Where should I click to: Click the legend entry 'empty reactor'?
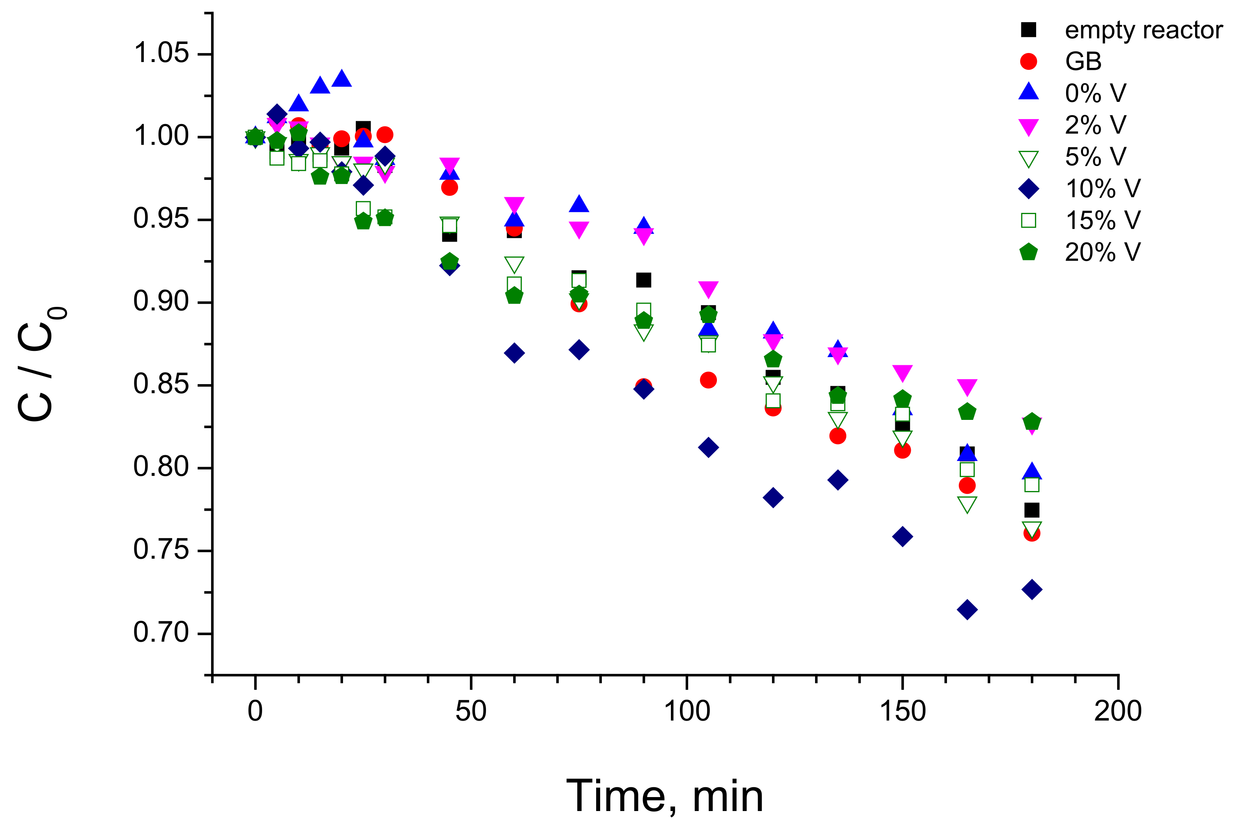(x=1143, y=30)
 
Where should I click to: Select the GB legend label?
(x=1083, y=62)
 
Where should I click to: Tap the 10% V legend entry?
(x=1102, y=188)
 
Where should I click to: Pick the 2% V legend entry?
(x=1095, y=125)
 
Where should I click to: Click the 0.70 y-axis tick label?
(x=161, y=633)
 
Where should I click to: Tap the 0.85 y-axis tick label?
(x=161, y=385)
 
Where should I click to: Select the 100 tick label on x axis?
(x=687, y=711)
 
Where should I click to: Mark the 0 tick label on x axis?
(x=255, y=711)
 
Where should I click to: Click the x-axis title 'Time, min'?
(x=664, y=796)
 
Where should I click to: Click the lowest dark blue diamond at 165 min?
(x=967, y=610)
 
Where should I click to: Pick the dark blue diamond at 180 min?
(x=1032, y=589)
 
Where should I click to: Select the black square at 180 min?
(x=1032, y=510)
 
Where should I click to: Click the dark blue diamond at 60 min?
(x=514, y=353)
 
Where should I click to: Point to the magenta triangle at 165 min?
(x=967, y=387)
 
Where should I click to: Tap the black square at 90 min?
(x=643, y=280)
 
